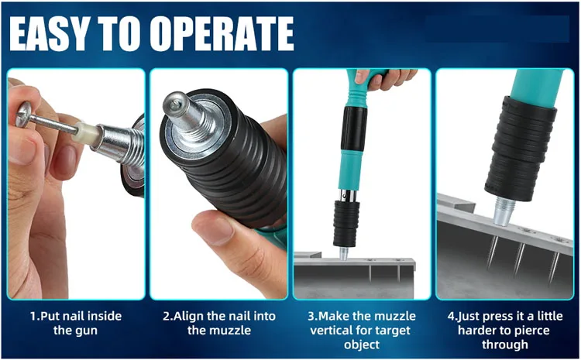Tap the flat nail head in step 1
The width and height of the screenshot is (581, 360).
[24, 114]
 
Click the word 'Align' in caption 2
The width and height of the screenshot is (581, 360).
[188, 316]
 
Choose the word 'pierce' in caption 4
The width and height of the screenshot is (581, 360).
[531, 330]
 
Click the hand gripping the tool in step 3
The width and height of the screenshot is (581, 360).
[384, 77]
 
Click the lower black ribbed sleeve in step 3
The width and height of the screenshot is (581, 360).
[346, 224]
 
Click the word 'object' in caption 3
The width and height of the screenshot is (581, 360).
[361, 345]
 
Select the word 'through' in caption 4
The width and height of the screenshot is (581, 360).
[505, 345]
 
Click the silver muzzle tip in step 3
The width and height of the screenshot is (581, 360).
[344, 253]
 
